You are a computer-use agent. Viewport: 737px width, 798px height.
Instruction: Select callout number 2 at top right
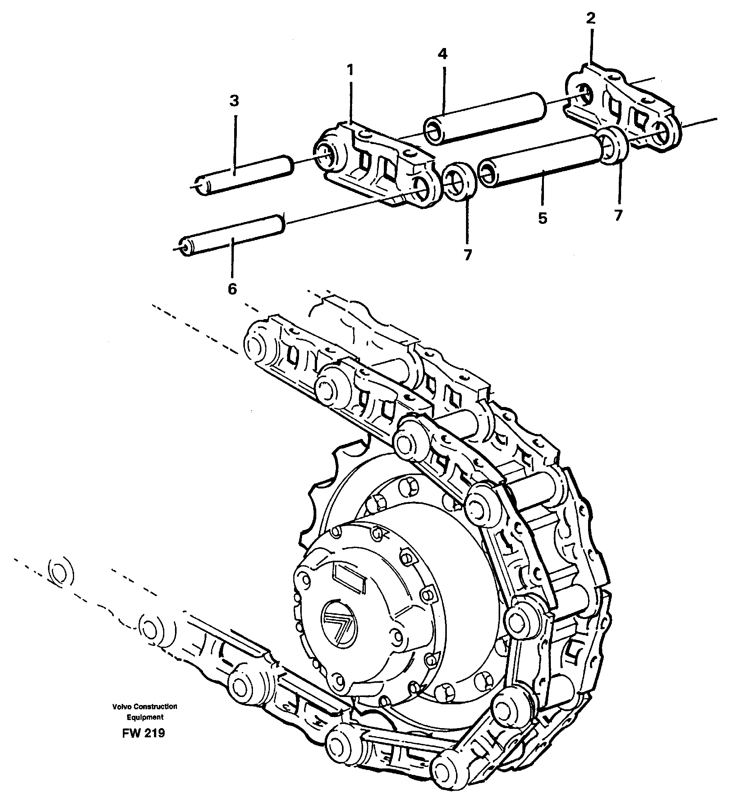point(591,18)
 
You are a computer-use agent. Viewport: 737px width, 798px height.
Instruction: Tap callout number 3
point(234,101)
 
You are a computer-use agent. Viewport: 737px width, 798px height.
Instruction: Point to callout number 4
point(442,54)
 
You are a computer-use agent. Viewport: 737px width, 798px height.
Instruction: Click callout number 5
point(542,218)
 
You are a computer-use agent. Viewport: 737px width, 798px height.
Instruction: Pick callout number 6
point(232,288)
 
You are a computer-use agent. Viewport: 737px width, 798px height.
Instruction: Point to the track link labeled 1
point(379,166)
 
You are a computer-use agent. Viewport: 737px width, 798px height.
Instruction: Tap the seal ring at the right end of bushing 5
point(613,145)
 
